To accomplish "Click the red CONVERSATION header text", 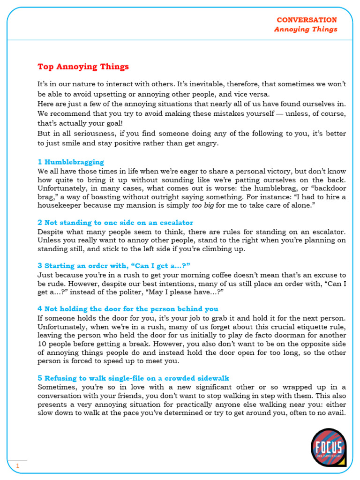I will (x=307, y=20).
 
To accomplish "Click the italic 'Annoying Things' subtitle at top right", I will (x=306, y=29).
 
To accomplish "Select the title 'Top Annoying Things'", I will (x=83, y=67).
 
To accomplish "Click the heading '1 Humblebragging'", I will (x=71, y=162).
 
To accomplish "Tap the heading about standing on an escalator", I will (x=115, y=223).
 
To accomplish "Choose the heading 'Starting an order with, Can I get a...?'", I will (x=113, y=265).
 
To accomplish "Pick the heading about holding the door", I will (x=127, y=309).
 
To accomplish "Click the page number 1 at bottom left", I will (x=18, y=466).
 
